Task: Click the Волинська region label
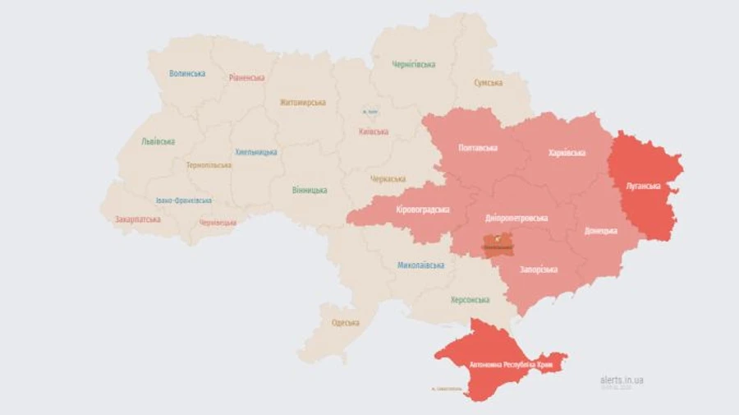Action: pos(187,73)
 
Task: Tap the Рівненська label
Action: pos(247,78)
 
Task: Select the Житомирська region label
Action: pos(302,103)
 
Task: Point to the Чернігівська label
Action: pos(413,64)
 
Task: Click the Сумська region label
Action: pos(489,83)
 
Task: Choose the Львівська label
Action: pos(158,141)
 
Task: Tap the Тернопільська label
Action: pos(209,165)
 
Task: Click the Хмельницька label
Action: pos(256,152)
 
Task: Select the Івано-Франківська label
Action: pos(183,201)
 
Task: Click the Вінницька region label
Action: pos(310,190)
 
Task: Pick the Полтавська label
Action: pos(478,148)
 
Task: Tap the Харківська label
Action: pos(567,153)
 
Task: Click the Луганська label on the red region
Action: pos(643,186)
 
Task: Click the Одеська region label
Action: pos(346,322)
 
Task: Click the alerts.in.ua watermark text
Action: pos(622,380)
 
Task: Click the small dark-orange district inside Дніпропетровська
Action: pos(498,245)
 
